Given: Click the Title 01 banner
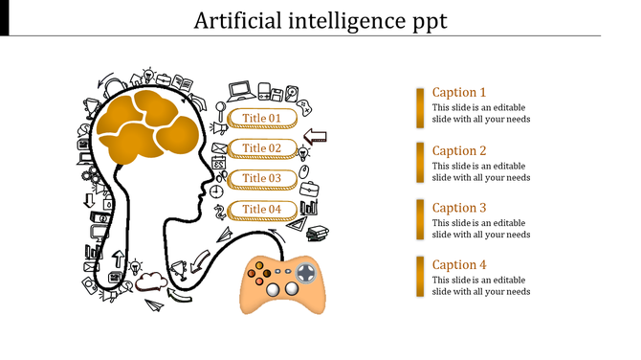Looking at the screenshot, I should click(x=261, y=119).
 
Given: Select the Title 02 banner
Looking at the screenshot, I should click(x=261, y=148).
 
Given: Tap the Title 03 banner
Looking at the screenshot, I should click(x=261, y=179).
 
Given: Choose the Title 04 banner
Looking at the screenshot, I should click(x=261, y=210).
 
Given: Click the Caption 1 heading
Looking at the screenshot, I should click(x=459, y=93).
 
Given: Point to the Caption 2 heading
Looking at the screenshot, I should click(x=459, y=150).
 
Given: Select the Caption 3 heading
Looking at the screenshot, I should click(x=459, y=208).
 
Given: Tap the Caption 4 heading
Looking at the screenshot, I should click(x=459, y=265).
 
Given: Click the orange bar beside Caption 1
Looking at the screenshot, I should click(x=420, y=107).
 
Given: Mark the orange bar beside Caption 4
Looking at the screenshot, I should click(x=420, y=278).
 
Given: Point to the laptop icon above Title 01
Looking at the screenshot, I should click(x=240, y=92).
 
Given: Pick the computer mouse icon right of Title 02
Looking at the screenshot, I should click(x=305, y=172).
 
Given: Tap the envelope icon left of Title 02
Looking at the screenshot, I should click(x=219, y=148).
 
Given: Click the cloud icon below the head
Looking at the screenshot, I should click(x=148, y=281).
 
